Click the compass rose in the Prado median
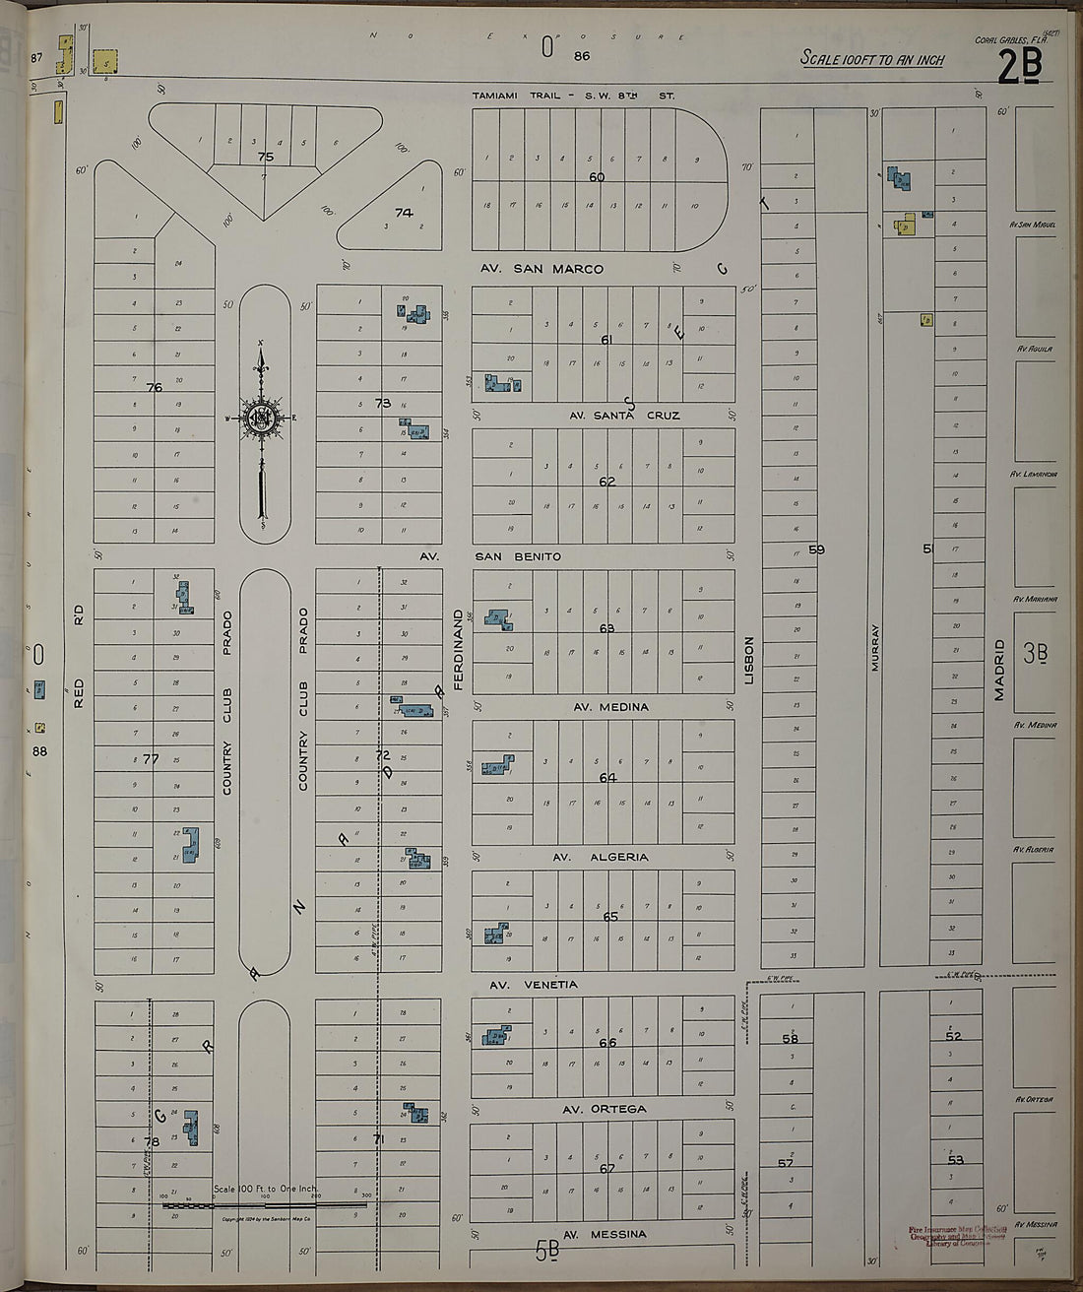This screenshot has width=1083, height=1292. pos(262,418)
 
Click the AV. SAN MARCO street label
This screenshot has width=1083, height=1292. pos(541,269)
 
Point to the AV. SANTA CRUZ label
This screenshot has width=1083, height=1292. pos(624,416)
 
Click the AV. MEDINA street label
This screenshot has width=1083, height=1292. pos(610,707)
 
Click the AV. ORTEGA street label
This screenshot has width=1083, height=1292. pos(605,1109)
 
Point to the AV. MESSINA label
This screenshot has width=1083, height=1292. pos(605,1234)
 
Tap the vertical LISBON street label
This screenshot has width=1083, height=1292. pos(749,660)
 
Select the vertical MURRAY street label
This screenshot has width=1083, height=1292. pos(874,647)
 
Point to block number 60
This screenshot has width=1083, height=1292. pos(597,177)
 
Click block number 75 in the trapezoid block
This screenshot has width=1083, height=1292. pos(265,157)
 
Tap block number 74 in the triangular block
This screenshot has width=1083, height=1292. pos(404,212)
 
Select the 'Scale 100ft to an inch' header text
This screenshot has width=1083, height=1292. pos(872,59)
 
